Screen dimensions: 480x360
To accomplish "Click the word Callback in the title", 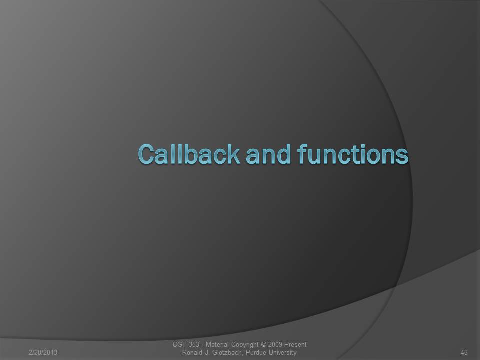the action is click(x=188, y=154).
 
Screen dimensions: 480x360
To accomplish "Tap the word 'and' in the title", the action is click(x=268, y=154).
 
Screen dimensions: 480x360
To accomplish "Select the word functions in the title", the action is click(x=352, y=154).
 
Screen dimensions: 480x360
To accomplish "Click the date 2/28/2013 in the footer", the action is click(x=43, y=352).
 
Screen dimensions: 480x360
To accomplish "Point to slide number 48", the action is click(x=464, y=352).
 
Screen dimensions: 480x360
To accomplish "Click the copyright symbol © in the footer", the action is click(x=263, y=344).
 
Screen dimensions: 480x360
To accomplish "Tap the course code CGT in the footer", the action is click(x=179, y=344).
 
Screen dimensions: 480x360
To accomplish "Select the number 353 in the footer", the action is click(x=194, y=344).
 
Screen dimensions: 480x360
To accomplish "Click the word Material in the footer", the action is click(x=217, y=344).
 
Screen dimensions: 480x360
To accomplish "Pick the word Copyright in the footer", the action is click(x=245, y=345).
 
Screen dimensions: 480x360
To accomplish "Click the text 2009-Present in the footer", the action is click(x=287, y=344).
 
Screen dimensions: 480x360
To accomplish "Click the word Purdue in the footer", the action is click(x=256, y=352).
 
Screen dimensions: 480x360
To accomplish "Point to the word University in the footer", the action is click(x=283, y=353).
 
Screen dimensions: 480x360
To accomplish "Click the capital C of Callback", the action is click(x=146, y=154).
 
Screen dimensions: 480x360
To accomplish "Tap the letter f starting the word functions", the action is click(x=302, y=154).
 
